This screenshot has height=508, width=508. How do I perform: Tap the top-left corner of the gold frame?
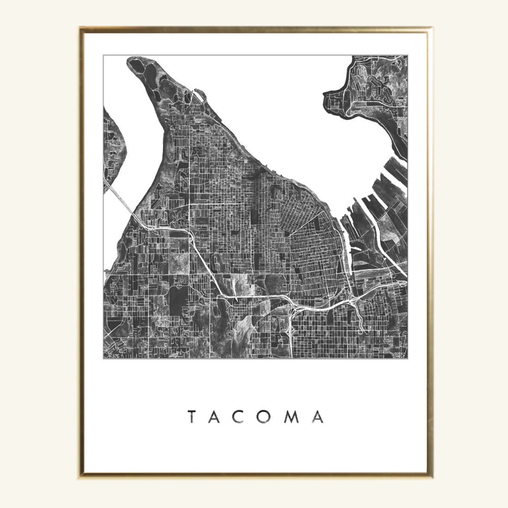[81, 28]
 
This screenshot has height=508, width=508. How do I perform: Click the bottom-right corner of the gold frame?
[428, 480]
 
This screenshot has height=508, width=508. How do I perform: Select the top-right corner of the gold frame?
[428, 28]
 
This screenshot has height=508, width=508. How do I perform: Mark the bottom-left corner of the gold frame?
[81, 480]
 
